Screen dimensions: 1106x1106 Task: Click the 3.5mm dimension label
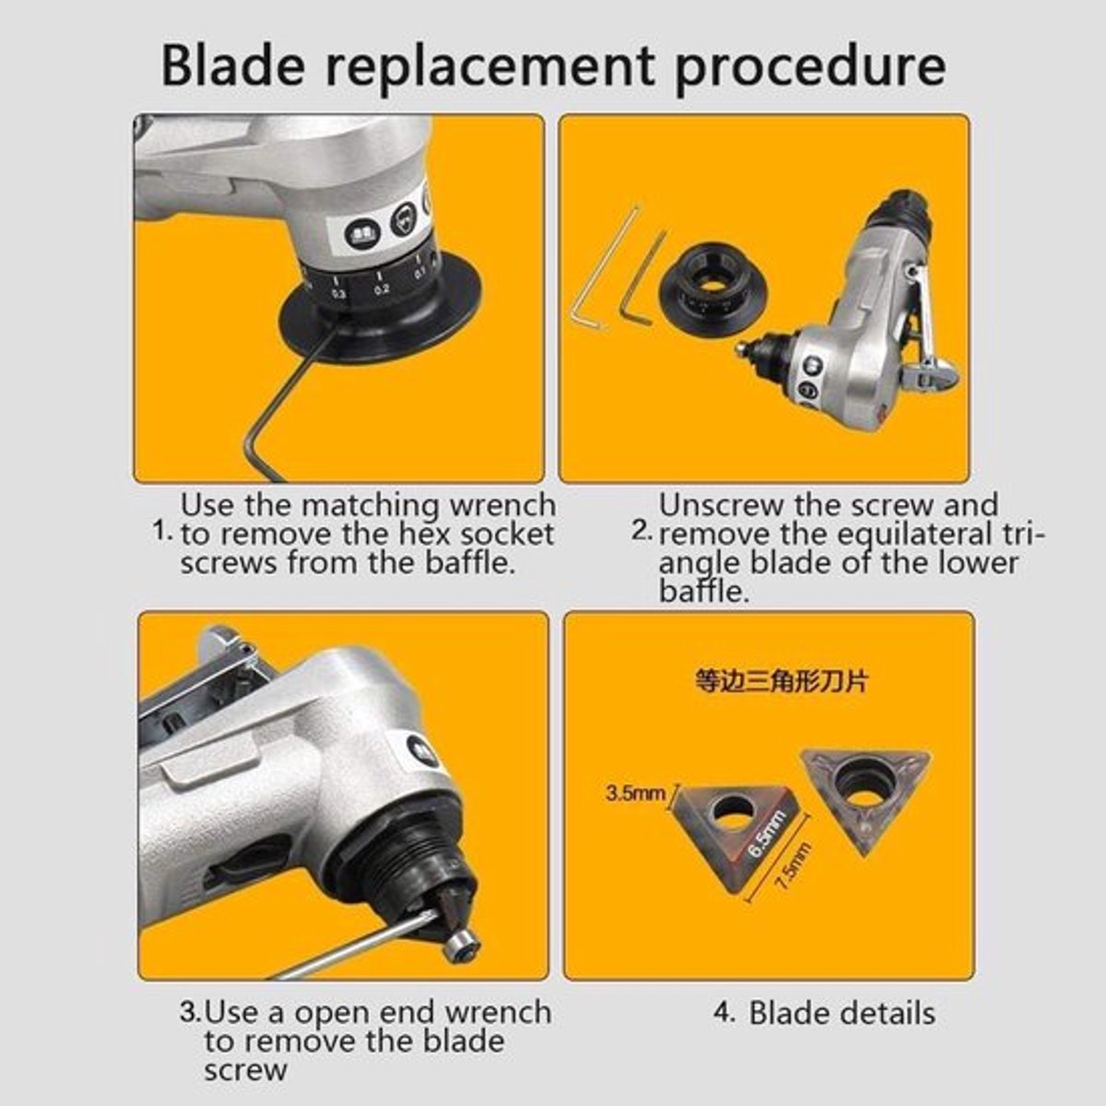tap(636, 794)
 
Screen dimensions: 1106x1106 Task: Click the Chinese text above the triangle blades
tap(781, 682)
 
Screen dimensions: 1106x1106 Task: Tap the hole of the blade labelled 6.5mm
tap(733, 812)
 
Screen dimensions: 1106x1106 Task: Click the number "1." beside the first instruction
tap(163, 532)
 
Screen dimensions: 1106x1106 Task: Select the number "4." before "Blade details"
tap(724, 1013)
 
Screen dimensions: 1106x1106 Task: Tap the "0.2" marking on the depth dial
tap(382, 289)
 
